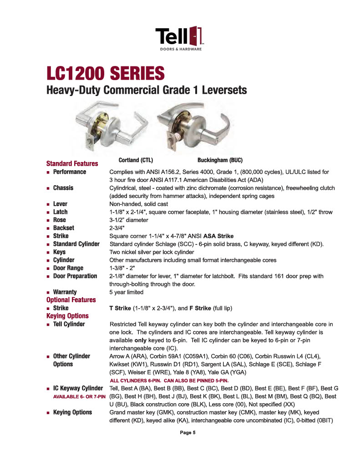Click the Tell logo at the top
coord(179,38)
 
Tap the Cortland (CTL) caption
coord(135,160)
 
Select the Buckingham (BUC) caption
coord(220,160)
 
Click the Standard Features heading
coord(72,163)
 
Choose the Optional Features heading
coord(71,300)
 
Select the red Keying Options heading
coord(67,316)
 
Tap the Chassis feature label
coord(63,188)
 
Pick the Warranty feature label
coord(65,292)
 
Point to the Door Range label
coord(68,268)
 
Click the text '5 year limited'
coord(127,292)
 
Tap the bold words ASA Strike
coord(218,236)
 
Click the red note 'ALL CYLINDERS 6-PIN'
coord(168,380)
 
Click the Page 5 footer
coord(188,433)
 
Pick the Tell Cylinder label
coord(69,324)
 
